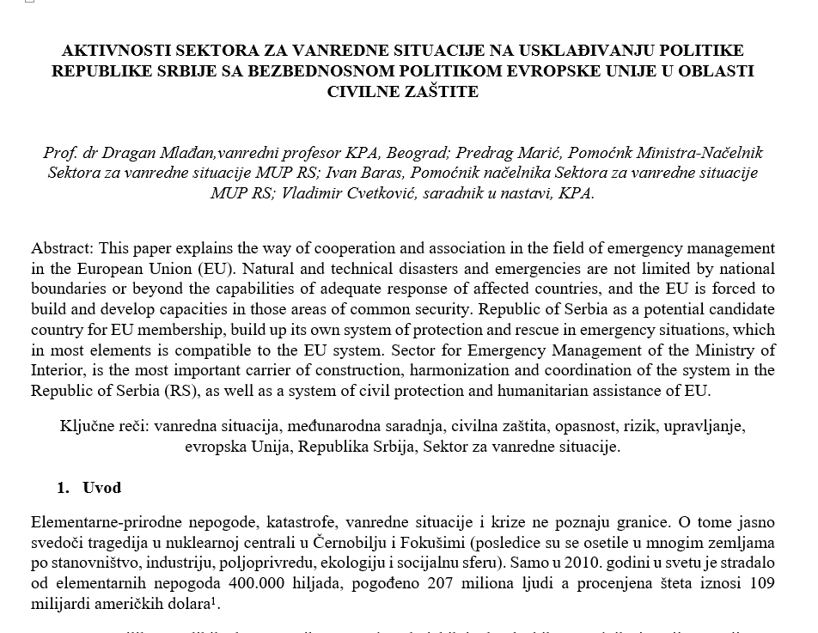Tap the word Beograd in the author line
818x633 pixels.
[417, 153]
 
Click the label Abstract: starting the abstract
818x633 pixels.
[63, 248]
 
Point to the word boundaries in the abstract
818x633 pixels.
[70, 289]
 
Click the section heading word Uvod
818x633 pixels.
[101, 488]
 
